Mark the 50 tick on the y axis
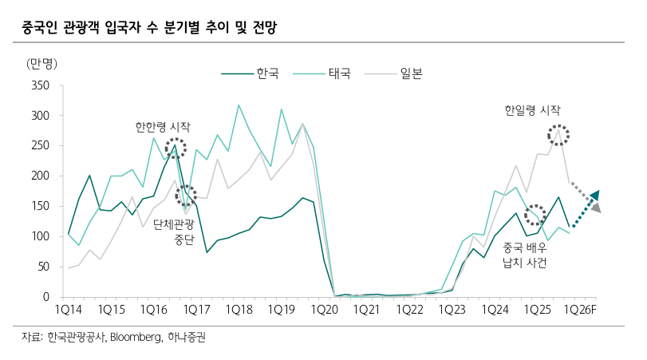pyautogui.click(x=43, y=267)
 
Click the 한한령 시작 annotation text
pyautogui.click(x=163, y=127)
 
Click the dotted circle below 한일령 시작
pyautogui.click(x=558, y=135)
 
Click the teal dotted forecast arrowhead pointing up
pyautogui.click(x=594, y=196)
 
